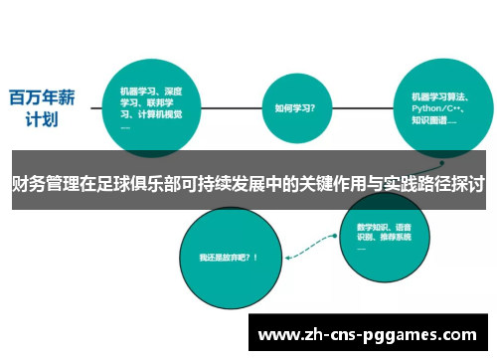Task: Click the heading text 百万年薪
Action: tap(41, 98)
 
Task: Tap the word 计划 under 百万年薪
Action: tap(41, 120)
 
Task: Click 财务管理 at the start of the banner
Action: tap(38, 185)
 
